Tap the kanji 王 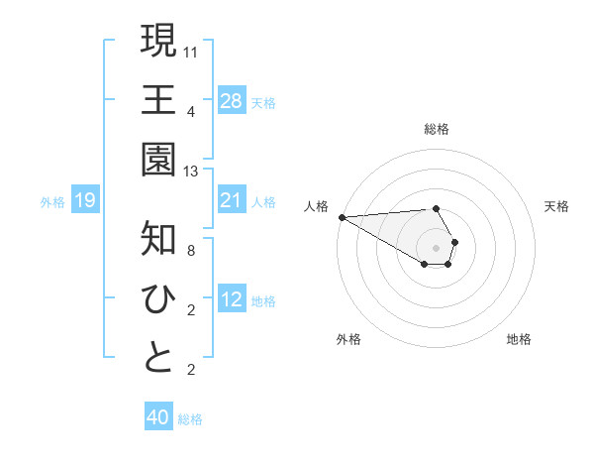point(158,99)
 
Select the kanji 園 point(158,160)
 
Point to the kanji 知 point(158,239)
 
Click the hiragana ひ point(158,298)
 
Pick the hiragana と point(158,358)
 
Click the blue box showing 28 point(232,100)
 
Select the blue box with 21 point(232,200)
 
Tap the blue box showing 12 point(232,299)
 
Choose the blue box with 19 point(85,200)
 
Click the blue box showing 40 point(158,417)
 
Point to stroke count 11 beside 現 point(191,51)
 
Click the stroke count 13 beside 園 point(191,171)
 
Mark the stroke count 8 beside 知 point(191,250)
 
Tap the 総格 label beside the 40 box point(190,419)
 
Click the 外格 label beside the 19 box point(52,202)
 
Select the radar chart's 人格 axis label point(317,206)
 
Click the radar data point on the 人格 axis point(342,217)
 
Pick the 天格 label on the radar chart point(556,206)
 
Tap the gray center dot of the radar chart point(436,247)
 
